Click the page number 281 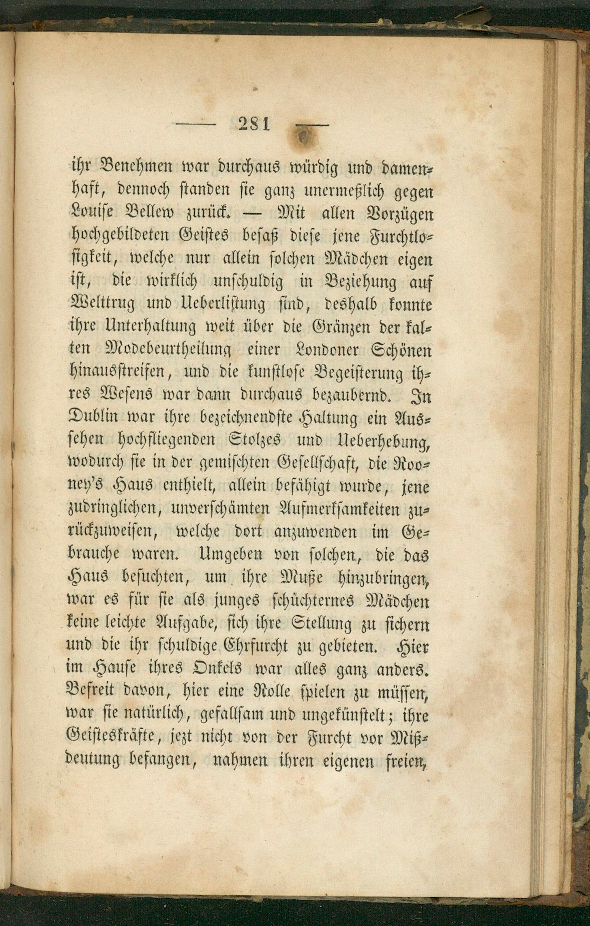pyautogui.click(x=254, y=125)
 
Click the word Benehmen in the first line pyautogui.click(x=137, y=167)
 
